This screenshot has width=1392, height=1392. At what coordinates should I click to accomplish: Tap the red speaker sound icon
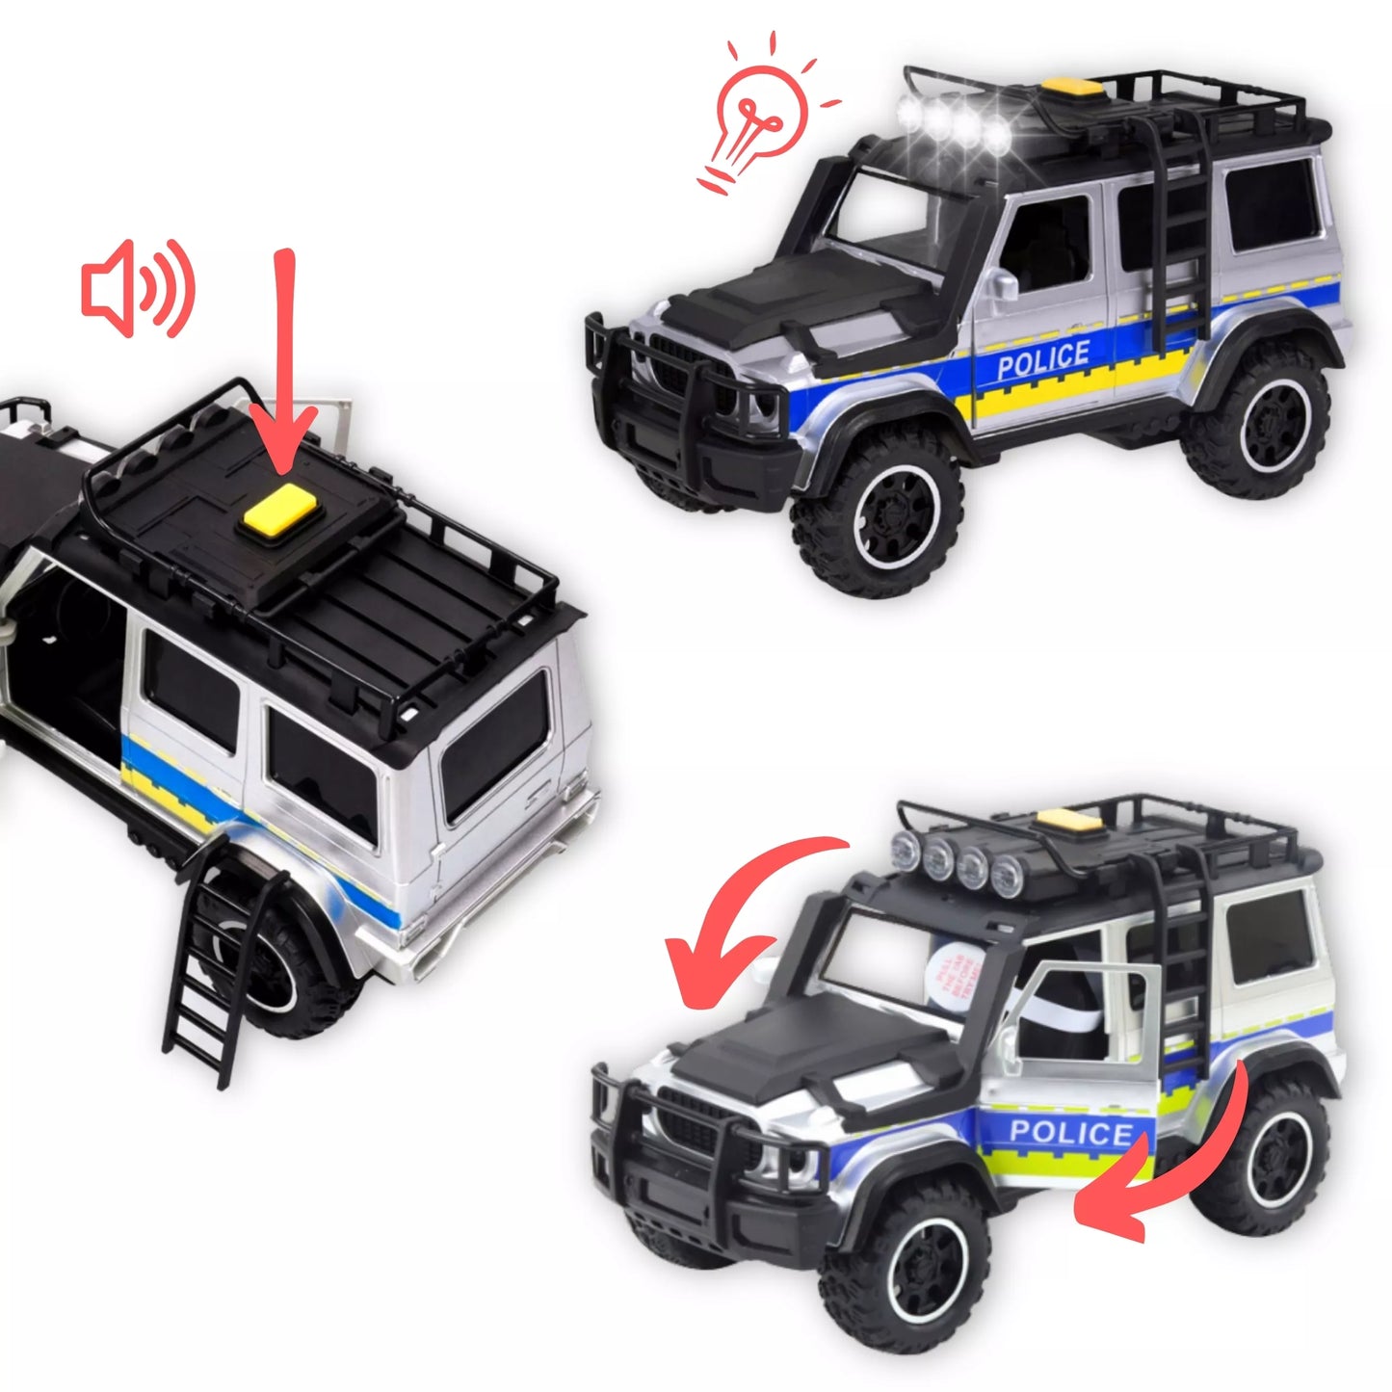[138, 289]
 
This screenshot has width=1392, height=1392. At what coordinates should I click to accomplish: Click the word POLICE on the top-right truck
[1043, 360]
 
